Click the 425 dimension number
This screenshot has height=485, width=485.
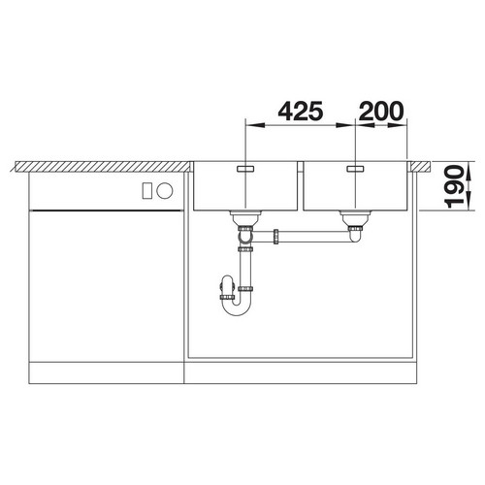(x=301, y=111)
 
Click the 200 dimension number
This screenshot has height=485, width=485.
(x=381, y=111)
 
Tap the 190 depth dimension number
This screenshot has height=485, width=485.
(x=454, y=186)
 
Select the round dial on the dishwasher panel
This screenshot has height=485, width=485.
(x=165, y=191)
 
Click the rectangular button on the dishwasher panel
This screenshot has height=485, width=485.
(x=147, y=191)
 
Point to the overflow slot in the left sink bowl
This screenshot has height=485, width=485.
(x=245, y=169)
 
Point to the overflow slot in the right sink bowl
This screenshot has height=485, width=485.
(x=356, y=169)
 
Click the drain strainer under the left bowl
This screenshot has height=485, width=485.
(x=245, y=218)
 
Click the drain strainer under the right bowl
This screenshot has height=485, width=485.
(x=356, y=218)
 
